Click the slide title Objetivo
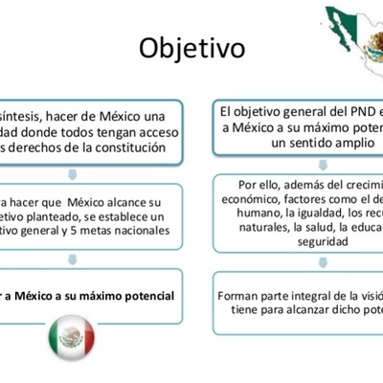click(191, 47)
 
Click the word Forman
click(241, 297)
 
